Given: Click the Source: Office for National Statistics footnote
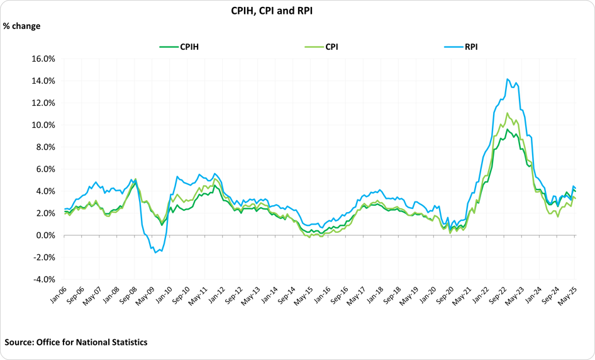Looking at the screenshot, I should click(x=76, y=342).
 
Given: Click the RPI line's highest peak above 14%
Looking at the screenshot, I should click(x=507, y=79).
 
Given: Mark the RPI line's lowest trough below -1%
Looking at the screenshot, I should click(x=155, y=252).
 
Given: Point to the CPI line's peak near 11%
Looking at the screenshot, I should click(x=507, y=113).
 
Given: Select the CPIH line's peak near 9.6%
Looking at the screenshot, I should click(x=507, y=129).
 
